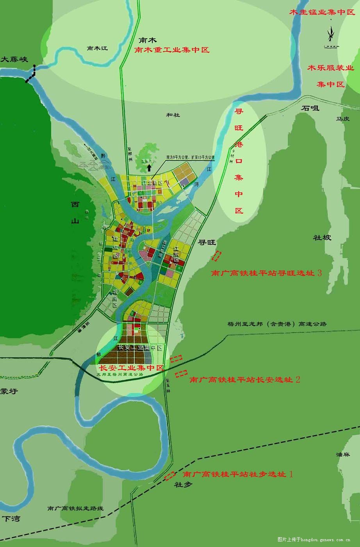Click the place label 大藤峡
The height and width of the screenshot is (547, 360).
[14, 60]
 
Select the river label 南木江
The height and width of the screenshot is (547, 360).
[97, 48]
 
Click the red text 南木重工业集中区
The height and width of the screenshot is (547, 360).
[172, 50]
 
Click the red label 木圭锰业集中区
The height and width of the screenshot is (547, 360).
[322, 12]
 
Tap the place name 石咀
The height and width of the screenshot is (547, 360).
[310, 108]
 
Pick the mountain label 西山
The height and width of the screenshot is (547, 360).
[75, 213]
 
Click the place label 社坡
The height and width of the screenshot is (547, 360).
[322, 237]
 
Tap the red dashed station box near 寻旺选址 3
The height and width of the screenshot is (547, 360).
[216, 256]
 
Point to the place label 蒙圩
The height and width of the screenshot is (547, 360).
[9, 391]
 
